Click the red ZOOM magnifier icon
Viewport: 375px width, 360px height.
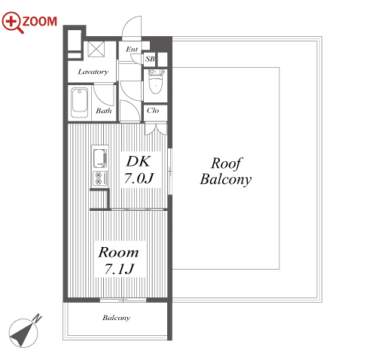(x=12, y=22)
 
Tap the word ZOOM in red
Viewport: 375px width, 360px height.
(x=40, y=21)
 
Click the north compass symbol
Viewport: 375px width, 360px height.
(x=25, y=331)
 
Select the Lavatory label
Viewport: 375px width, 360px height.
(x=93, y=72)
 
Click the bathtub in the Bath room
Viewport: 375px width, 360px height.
(x=79, y=102)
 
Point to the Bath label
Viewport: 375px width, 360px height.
(x=104, y=111)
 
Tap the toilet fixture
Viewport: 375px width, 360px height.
(x=156, y=82)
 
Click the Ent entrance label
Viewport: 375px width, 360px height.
(x=132, y=49)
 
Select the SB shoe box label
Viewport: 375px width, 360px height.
(x=150, y=59)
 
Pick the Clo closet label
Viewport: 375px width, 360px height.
(x=153, y=110)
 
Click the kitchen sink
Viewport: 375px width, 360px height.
(x=100, y=158)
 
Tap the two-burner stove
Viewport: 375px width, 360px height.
(x=100, y=178)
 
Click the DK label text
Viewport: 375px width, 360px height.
(x=139, y=161)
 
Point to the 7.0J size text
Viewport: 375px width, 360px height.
(x=139, y=178)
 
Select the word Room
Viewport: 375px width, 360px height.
(x=118, y=252)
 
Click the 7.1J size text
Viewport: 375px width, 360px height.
(x=120, y=269)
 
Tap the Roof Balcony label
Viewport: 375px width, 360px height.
(x=226, y=171)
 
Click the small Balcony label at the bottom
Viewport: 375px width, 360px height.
(x=117, y=318)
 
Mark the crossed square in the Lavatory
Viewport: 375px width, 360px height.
(x=96, y=49)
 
